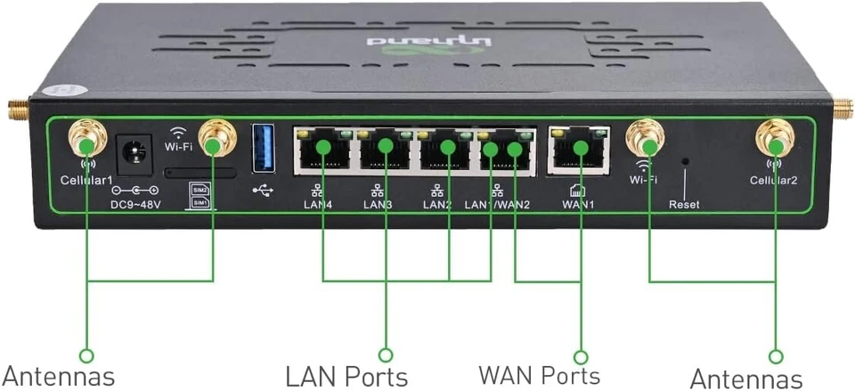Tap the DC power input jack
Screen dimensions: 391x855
pos(134,151)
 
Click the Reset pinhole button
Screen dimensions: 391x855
pos(684,162)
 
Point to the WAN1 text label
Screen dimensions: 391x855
pos(578,204)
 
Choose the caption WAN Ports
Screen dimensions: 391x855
pos(539,375)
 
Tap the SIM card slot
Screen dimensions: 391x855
pos(201,173)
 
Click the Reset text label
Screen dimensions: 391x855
pos(684,205)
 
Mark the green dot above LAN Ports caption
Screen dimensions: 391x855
pos(386,354)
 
